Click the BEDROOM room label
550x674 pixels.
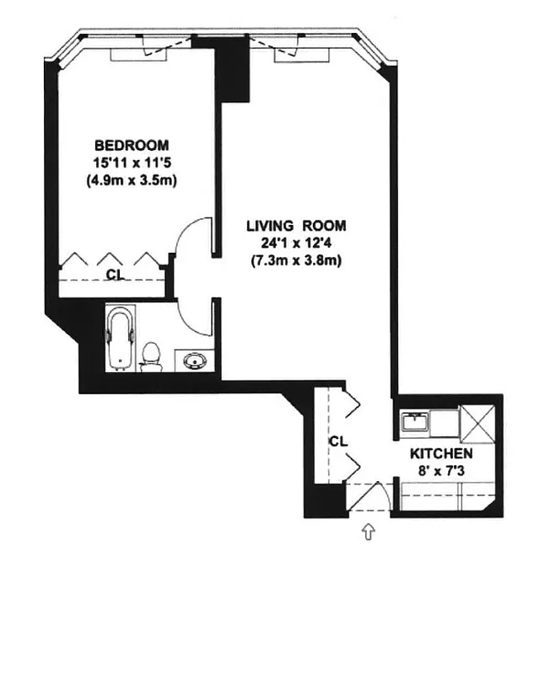131,144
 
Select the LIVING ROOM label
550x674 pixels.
296,226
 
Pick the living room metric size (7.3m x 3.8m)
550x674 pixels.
296,260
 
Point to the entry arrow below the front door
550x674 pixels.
368,532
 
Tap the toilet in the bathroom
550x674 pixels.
152,356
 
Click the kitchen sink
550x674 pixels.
414,421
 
